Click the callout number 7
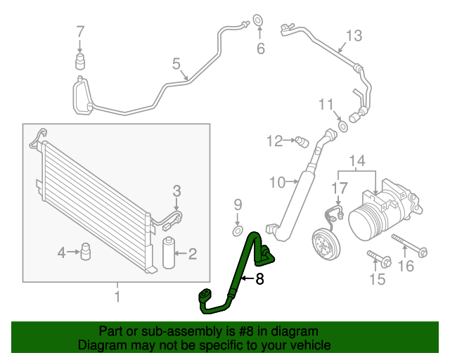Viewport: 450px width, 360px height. click(80, 31)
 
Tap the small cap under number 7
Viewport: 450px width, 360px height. click(80, 60)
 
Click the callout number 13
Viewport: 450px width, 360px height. click(353, 35)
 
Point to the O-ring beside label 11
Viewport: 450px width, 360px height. click(342, 126)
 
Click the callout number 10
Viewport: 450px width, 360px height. click(276, 183)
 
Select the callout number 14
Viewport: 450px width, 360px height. click(357, 162)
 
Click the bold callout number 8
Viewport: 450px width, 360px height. click(259, 279)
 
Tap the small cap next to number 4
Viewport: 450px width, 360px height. click(87, 251)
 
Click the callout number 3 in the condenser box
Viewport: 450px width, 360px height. click(177, 190)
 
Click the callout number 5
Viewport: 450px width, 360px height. click(176, 65)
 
